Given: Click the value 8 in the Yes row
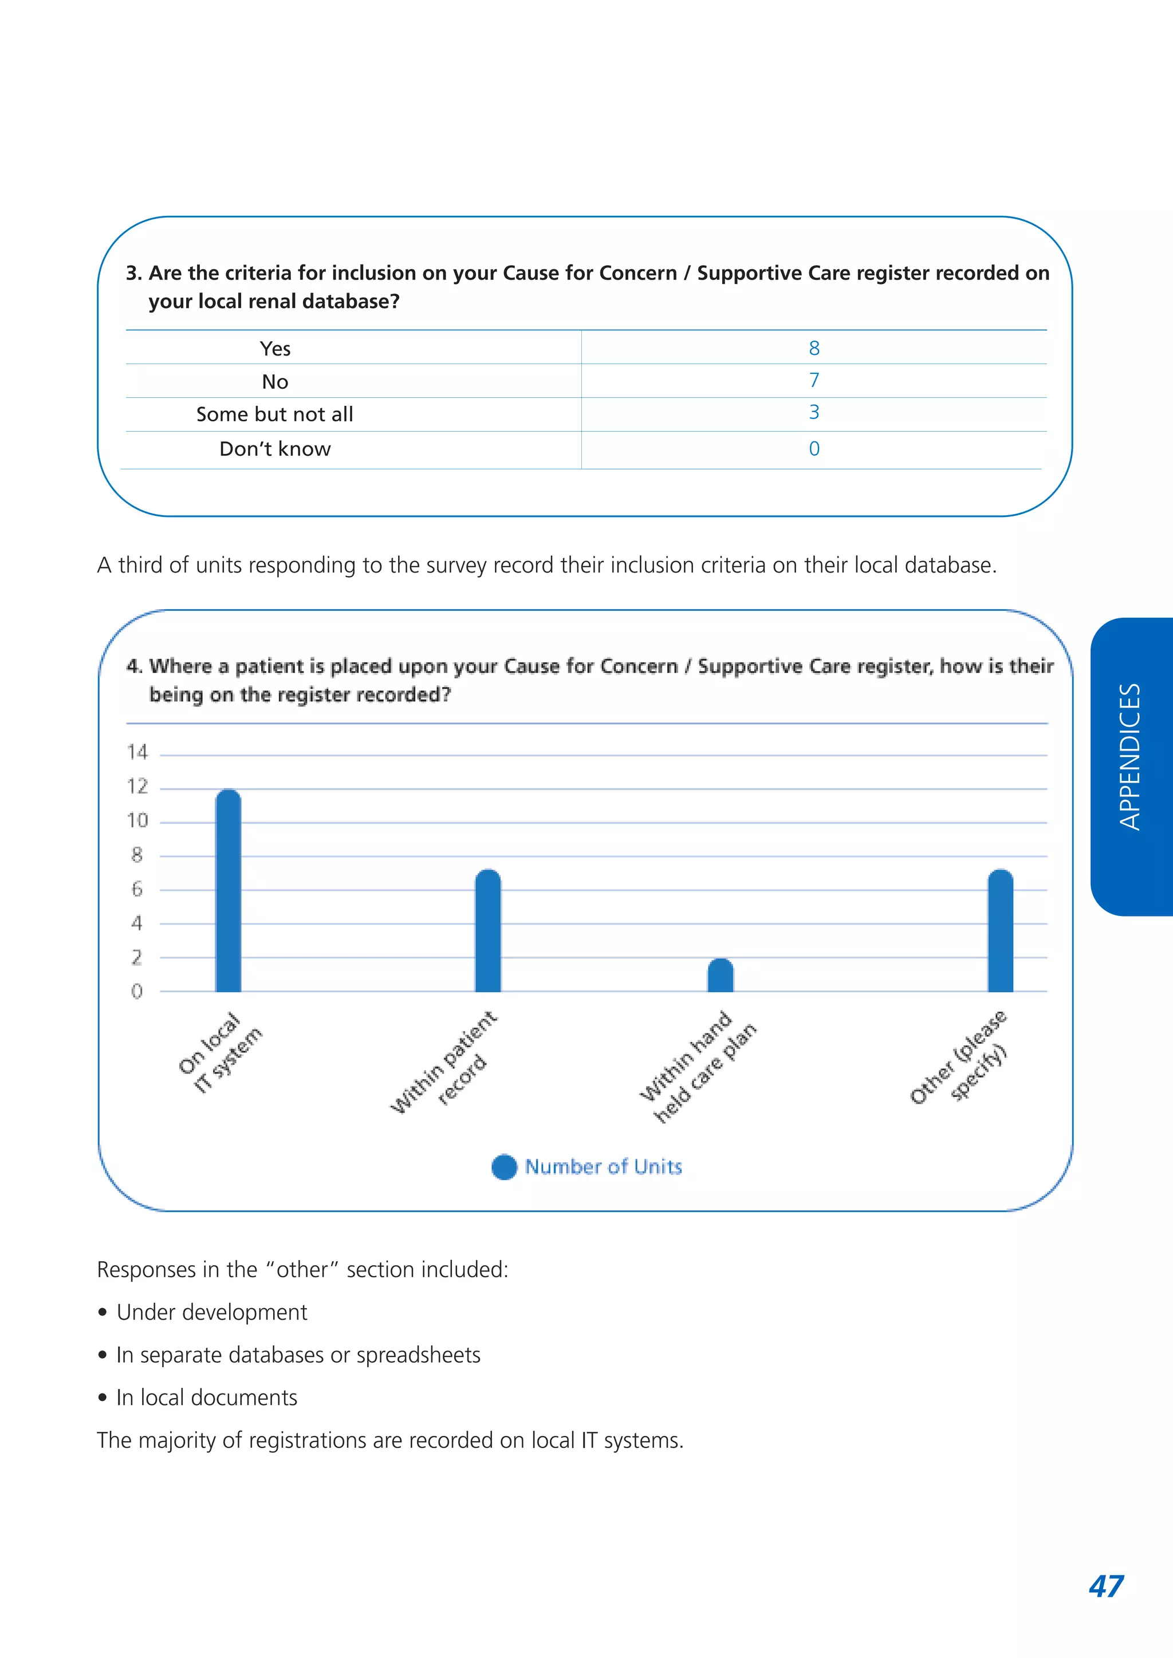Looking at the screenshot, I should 813,348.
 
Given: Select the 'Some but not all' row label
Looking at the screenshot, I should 274,414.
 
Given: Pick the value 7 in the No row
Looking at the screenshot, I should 813,381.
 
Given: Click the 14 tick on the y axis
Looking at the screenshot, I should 137,752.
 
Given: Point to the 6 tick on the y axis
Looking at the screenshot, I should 137,890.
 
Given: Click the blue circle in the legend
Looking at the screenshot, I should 504,1167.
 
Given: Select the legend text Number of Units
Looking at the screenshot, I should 603,1167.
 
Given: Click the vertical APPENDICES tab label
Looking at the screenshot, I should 1129,757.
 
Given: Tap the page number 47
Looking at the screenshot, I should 1106,1586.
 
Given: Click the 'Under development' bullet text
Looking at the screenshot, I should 211,1312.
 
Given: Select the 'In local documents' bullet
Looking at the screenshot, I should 207,1398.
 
